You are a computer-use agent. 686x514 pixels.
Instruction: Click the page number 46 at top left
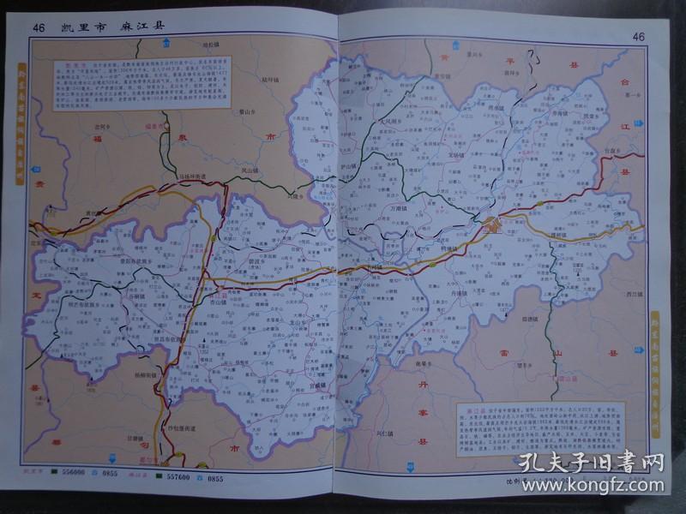(39, 27)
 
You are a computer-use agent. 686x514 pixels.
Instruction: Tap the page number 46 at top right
(638, 36)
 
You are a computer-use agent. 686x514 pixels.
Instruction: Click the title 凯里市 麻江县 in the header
(111, 27)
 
